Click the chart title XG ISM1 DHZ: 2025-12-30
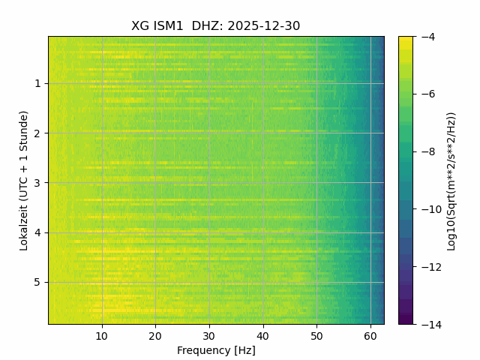pyautogui.click(x=216, y=25)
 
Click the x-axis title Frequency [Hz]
pyautogui.click(x=216, y=350)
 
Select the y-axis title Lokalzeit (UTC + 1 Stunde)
pyautogui.click(x=24, y=180)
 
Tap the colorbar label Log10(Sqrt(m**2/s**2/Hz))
pyautogui.click(x=451, y=180)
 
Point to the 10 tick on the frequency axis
pyautogui.click(x=102, y=335)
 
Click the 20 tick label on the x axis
pyautogui.click(x=155, y=335)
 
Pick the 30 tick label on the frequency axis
pyautogui.click(x=209, y=335)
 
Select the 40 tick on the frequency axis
pyautogui.click(x=262, y=335)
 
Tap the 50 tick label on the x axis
pyautogui.click(x=316, y=335)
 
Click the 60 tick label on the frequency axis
pyautogui.click(x=370, y=335)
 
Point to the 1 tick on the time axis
pyautogui.click(x=37, y=83)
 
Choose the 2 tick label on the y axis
pyautogui.click(x=37, y=133)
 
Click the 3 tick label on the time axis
pyautogui.click(x=37, y=183)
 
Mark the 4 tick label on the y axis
pyautogui.click(x=37, y=232)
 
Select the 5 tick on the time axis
pyautogui.click(x=37, y=283)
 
